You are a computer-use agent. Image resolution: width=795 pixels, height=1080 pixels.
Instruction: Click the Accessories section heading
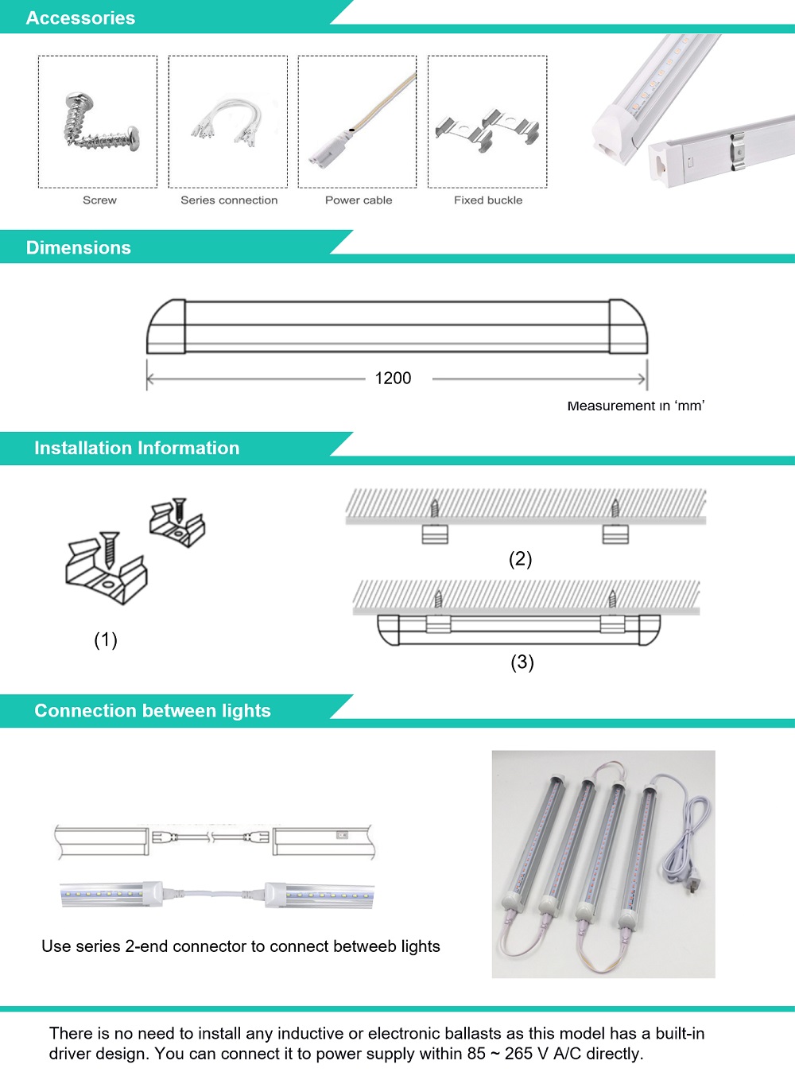80,17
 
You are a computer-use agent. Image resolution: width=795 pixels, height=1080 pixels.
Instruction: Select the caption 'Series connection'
229,200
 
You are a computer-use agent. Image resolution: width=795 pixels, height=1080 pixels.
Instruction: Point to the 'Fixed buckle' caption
488,200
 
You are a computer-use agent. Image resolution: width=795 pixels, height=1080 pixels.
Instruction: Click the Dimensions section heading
79,247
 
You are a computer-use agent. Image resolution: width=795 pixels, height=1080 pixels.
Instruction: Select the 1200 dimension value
393,379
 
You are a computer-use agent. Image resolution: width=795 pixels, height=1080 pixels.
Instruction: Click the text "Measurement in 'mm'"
635,406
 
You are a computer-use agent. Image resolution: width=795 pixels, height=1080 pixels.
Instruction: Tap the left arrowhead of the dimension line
150,379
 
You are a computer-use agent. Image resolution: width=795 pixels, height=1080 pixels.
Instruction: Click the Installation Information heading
137,448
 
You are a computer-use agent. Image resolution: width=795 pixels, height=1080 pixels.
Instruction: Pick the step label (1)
106,639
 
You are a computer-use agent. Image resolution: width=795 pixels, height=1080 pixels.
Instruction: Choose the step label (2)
520,558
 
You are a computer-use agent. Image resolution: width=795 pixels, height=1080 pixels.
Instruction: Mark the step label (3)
522,662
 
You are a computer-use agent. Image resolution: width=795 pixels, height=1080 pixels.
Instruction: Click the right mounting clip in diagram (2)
615,534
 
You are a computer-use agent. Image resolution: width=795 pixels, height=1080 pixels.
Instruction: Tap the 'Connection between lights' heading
153,710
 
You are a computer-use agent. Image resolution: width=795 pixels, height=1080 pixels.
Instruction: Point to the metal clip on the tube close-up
738,150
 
